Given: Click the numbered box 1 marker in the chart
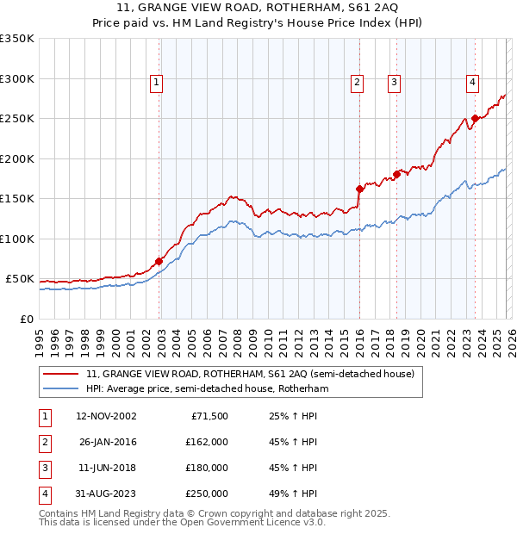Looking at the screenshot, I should pos(157,83).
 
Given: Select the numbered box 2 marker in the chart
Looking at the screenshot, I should pos(357,83).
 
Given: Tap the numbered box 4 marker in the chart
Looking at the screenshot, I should pos(473,83).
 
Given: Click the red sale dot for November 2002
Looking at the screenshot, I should pos(159,261).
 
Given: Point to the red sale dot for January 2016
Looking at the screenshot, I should pos(359,189).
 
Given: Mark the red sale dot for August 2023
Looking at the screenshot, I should pos(475,119).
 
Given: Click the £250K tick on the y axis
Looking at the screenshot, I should pos(17,119).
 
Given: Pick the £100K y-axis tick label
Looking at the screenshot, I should pos(17,239).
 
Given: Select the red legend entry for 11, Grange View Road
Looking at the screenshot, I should pos(250,374).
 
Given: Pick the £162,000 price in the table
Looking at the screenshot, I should pos(206,443).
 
